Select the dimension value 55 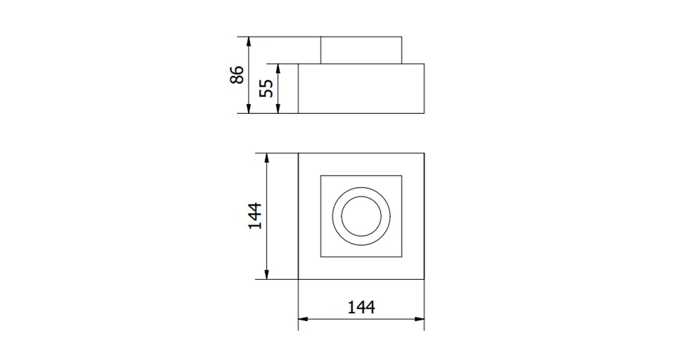(x=267, y=89)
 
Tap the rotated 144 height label (x=255, y=216)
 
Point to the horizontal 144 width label (x=361, y=307)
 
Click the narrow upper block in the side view (x=361, y=50)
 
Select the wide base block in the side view (x=361, y=89)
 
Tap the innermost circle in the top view (x=361, y=216)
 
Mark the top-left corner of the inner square (x=321, y=175)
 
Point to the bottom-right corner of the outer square (x=425, y=279)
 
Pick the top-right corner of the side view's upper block (x=402, y=37)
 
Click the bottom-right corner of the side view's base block (x=425, y=113)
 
